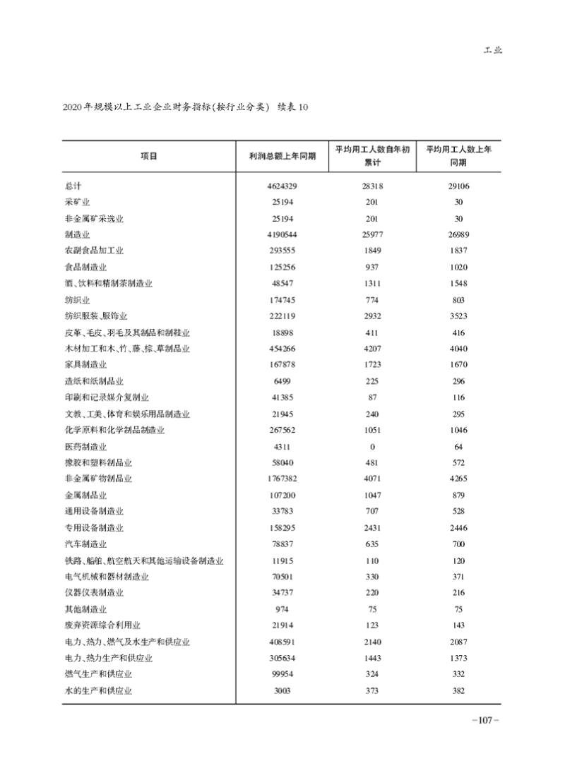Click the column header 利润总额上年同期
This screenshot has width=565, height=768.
(282, 156)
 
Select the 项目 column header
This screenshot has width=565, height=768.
(148, 156)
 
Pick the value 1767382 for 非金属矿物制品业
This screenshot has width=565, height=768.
(282, 479)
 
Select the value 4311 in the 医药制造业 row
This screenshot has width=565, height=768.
(282, 447)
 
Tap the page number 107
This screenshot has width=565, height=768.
(485, 720)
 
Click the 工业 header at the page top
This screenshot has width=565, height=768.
(492, 52)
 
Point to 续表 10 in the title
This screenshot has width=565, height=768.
(292, 107)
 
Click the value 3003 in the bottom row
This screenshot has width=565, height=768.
(282, 690)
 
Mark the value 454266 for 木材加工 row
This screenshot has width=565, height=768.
(282, 349)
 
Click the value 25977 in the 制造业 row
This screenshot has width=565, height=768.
(372, 235)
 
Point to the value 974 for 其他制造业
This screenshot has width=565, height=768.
(282, 609)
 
